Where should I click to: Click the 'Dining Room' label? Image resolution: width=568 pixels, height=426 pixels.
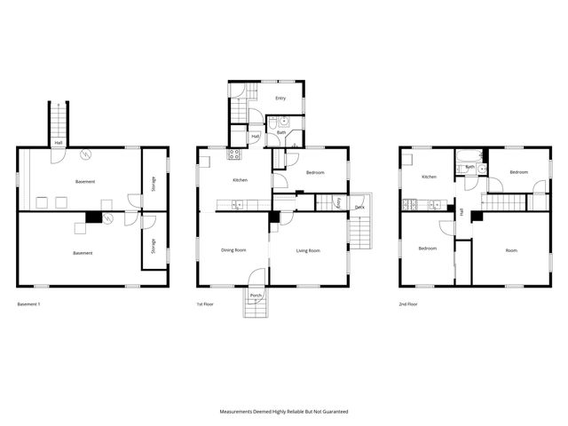point(233,251)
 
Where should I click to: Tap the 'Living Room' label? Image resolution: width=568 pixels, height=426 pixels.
point(308,251)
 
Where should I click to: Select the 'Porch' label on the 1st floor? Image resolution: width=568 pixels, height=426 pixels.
point(256,295)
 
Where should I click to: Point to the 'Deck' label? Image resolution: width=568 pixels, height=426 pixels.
point(359,208)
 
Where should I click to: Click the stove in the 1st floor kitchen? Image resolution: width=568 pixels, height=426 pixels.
point(235,154)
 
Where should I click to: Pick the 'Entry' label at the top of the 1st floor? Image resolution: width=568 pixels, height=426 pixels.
point(280,99)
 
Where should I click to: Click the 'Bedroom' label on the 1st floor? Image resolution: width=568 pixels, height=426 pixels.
point(315,173)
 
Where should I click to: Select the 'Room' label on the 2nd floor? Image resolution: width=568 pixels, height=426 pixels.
point(511,250)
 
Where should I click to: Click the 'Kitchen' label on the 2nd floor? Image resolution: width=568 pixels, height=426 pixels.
point(430,177)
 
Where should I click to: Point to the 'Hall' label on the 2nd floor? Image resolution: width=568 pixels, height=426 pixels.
point(461,211)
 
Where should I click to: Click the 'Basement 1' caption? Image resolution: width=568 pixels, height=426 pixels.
point(29,304)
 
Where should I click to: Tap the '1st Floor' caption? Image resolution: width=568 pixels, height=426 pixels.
point(206,304)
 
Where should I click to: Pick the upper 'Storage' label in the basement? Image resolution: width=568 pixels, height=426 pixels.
point(153,184)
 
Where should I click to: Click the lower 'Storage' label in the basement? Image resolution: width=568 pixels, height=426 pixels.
point(153,243)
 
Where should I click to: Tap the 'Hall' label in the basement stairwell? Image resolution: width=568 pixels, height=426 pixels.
point(59,142)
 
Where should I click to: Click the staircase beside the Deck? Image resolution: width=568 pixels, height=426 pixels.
point(359,233)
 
